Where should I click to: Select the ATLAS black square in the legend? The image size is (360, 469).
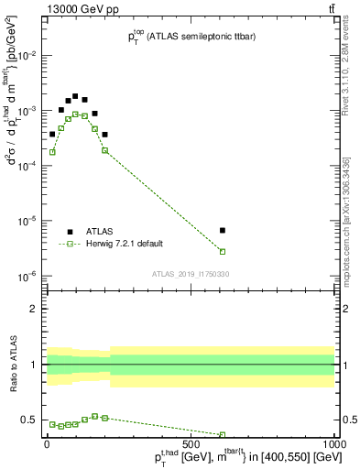coord(71,232)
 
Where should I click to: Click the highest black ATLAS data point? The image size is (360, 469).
coord(75,95)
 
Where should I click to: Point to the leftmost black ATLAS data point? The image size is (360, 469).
coord(52,134)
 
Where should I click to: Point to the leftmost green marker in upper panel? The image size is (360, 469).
coord(52,152)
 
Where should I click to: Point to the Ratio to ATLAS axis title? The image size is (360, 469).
coord(13,364)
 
